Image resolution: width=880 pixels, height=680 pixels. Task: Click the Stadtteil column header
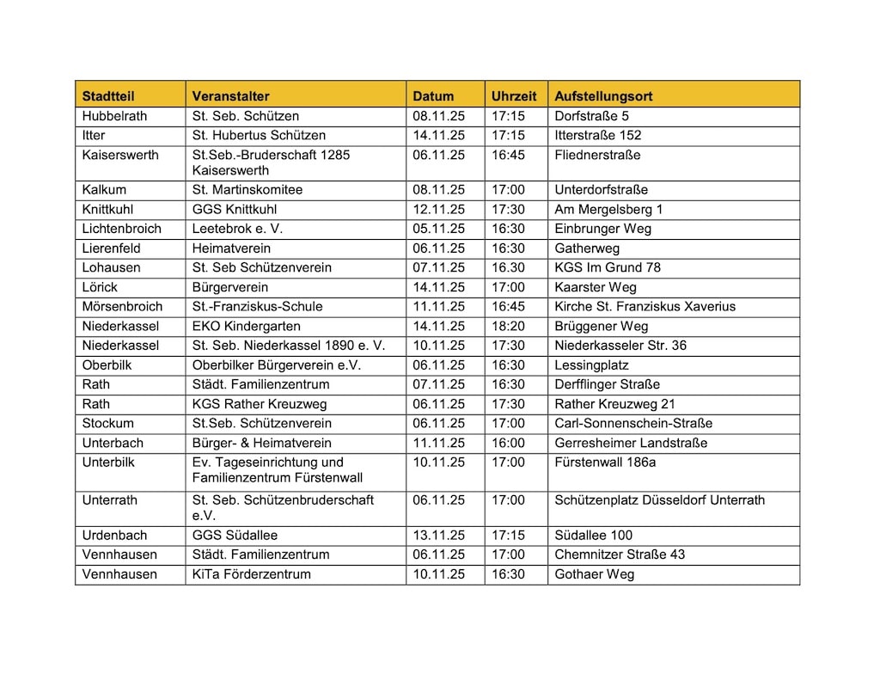click(x=108, y=96)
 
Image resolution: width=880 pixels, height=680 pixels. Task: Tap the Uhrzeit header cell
click(x=514, y=96)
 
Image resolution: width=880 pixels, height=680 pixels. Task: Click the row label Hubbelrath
click(x=114, y=116)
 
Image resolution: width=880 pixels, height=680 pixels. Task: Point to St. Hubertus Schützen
click(x=259, y=136)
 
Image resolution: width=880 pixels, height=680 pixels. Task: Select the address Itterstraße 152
click(x=598, y=136)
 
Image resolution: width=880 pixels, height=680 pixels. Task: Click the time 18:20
click(x=508, y=327)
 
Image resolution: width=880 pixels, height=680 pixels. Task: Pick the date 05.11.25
click(x=438, y=229)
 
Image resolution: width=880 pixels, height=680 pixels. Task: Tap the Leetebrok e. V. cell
click(x=237, y=229)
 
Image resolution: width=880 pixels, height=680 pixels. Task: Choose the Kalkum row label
click(x=104, y=190)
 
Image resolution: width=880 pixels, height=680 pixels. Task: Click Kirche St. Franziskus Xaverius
click(x=645, y=307)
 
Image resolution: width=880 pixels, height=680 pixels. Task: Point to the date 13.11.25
click(x=438, y=536)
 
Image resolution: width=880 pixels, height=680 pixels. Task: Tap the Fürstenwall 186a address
click(x=606, y=463)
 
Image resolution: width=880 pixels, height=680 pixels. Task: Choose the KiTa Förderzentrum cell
click(x=252, y=574)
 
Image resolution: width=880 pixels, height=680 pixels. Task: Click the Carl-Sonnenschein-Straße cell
click(x=633, y=424)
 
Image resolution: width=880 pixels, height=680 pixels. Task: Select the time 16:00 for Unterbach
click(x=508, y=444)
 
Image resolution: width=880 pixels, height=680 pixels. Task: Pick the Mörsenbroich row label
click(x=122, y=307)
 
